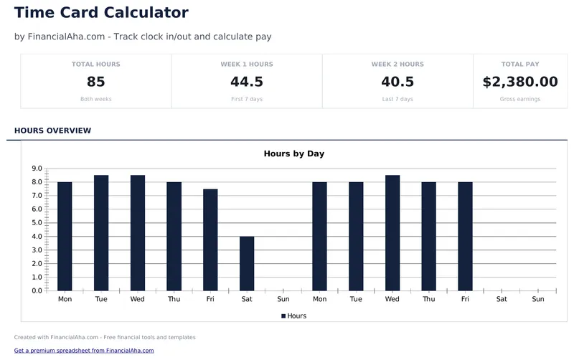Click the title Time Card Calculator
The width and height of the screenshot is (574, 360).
click(x=101, y=13)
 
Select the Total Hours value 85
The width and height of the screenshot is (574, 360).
click(x=96, y=82)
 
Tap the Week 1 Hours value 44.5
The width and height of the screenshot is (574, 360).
click(x=247, y=82)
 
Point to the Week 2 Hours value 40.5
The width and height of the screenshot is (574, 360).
click(x=397, y=82)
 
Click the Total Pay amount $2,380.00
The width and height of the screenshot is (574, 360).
click(x=520, y=82)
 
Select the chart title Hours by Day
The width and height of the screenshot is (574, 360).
click(x=294, y=153)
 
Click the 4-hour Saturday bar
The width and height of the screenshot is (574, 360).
click(x=247, y=263)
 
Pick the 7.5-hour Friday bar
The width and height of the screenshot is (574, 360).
click(x=210, y=240)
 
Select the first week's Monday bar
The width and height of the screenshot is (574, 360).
click(x=65, y=236)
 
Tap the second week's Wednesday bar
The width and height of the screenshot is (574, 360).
click(x=392, y=232)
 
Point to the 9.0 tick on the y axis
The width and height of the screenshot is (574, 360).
click(x=37, y=169)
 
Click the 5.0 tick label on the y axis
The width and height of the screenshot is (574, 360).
click(x=37, y=223)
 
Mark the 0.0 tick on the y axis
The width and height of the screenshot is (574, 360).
click(x=37, y=290)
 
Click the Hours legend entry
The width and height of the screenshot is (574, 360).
click(x=294, y=316)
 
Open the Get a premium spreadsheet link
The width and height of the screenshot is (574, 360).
click(x=84, y=351)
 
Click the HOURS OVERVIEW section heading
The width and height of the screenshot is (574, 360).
click(x=52, y=131)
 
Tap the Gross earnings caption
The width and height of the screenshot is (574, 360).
click(x=520, y=99)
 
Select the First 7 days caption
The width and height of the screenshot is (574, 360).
click(x=247, y=99)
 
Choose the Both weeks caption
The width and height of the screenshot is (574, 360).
click(x=96, y=99)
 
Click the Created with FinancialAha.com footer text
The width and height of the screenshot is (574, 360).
click(x=105, y=337)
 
